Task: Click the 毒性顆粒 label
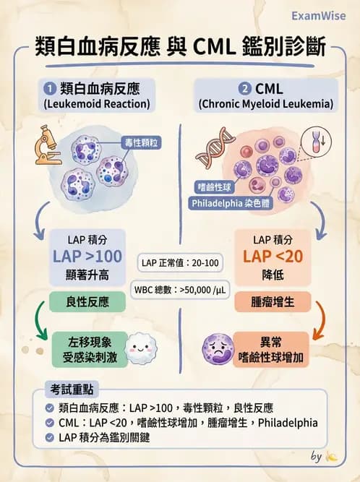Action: (x=141, y=143)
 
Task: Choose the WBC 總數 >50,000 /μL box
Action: (x=181, y=290)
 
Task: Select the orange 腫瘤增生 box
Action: (x=273, y=301)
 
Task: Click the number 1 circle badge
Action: (x=51, y=89)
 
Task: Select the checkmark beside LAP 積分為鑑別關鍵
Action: (x=49, y=437)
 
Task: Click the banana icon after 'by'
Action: (x=331, y=457)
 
